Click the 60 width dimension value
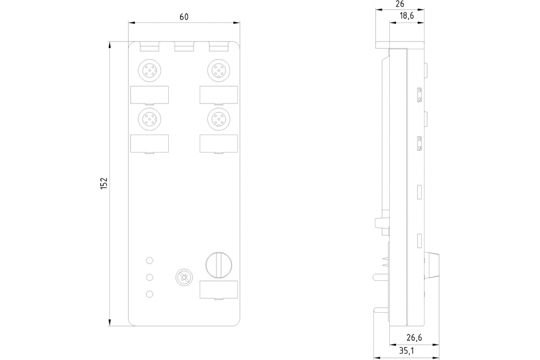pos(184,17)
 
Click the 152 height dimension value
pos(104,183)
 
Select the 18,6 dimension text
pos(406,16)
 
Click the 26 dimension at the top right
pos(400,4)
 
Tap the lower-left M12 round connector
pos(149,118)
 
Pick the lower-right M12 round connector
pos(219,118)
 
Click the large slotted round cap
pos(218,264)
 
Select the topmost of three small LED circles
pos(150,260)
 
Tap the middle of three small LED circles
pos(150,277)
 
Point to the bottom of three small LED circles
pos(150,294)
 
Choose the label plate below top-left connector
pos(149,94)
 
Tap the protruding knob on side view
pos(432,265)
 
